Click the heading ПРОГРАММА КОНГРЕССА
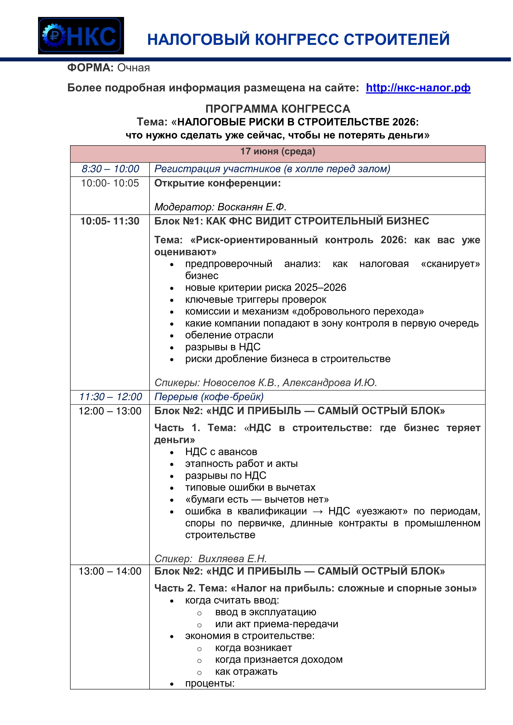click(278, 109)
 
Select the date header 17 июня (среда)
click(278, 151)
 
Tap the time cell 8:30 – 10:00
click(110, 169)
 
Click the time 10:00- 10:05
click(110, 183)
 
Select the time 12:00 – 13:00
click(110, 411)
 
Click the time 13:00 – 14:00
click(110, 571)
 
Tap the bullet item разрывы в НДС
click(223, 347)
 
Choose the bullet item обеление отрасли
click(229, 335)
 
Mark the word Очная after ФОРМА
click(134, 68)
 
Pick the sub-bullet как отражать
click(246, 672)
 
